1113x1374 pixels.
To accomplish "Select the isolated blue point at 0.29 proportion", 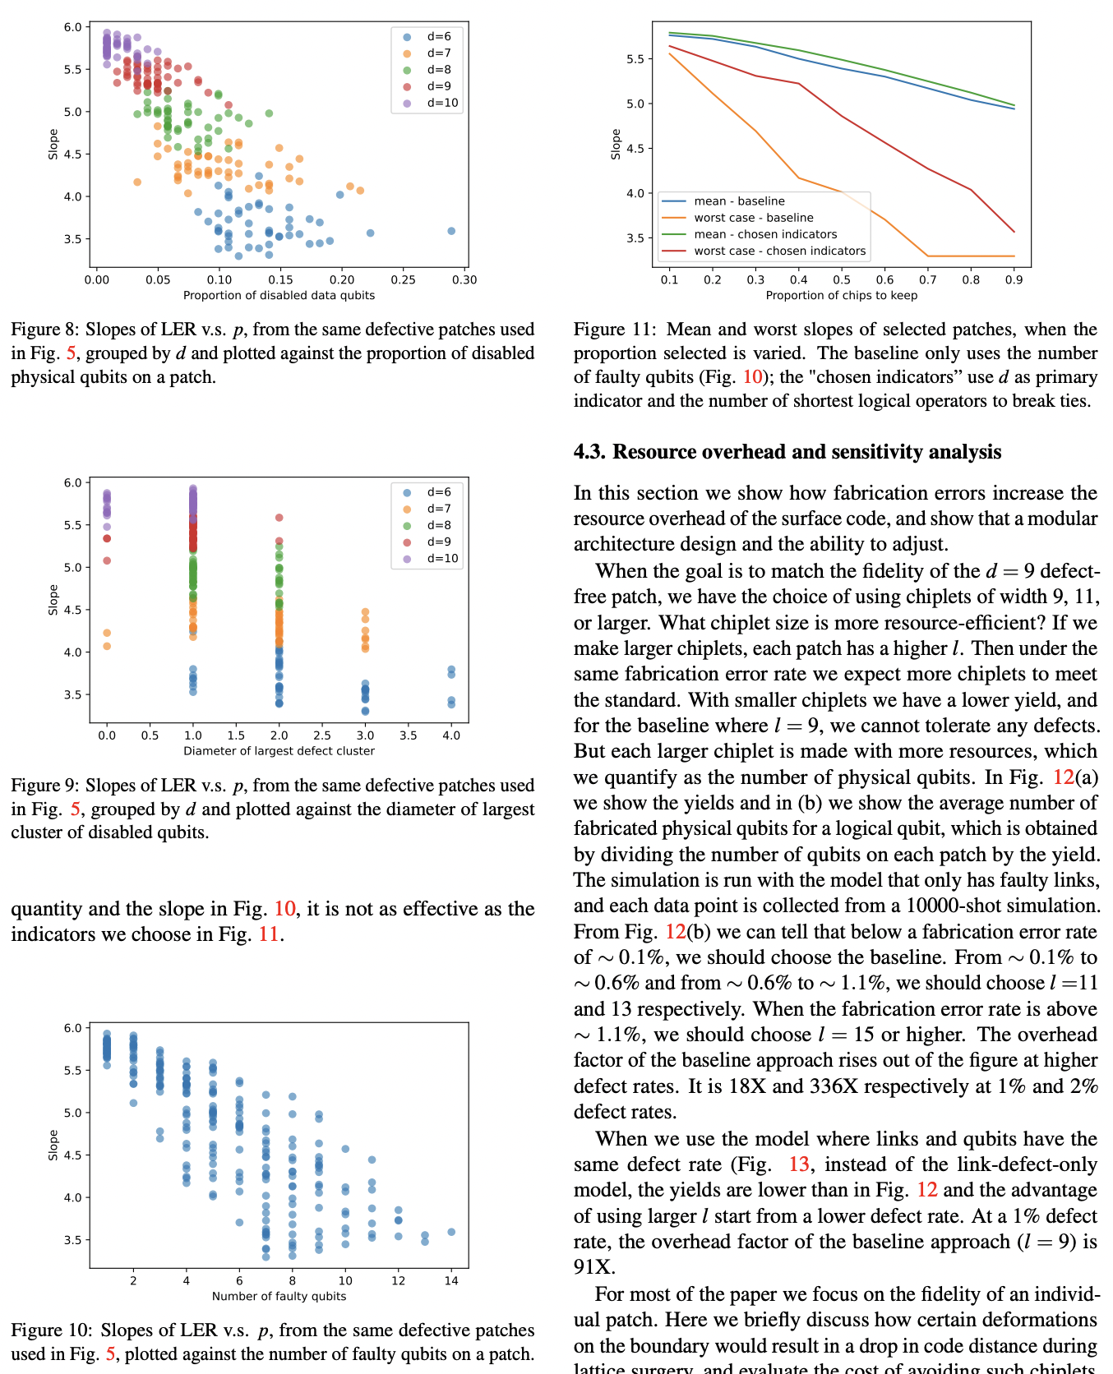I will coord(451,231).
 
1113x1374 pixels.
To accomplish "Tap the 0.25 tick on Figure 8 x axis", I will coord(403,279).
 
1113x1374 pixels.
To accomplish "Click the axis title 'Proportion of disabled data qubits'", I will coord(279,295).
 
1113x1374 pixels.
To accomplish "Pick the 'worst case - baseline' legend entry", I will coord(753,218).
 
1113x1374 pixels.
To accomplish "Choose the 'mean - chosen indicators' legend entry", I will coord(764,234).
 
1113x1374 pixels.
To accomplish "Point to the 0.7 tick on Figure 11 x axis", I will coord(928,279).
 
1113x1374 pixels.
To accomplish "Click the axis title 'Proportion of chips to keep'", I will coord(841,295).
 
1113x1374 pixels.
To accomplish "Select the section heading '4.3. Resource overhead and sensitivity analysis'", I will coord(787,452).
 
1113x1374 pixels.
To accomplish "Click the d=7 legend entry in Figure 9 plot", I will coord(439,509).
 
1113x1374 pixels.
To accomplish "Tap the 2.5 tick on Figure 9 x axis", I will coord(322,735).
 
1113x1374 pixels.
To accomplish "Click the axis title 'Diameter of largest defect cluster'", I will coord(279,750).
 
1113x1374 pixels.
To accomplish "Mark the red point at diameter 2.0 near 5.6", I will coord(279,518).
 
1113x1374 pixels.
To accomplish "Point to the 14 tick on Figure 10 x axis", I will coord(451,1280).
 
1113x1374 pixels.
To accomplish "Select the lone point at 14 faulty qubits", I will coord(451,1232).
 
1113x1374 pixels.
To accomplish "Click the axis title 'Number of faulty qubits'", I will coord(279,1296).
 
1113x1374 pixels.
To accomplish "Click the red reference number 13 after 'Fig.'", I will coord(798,1164).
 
